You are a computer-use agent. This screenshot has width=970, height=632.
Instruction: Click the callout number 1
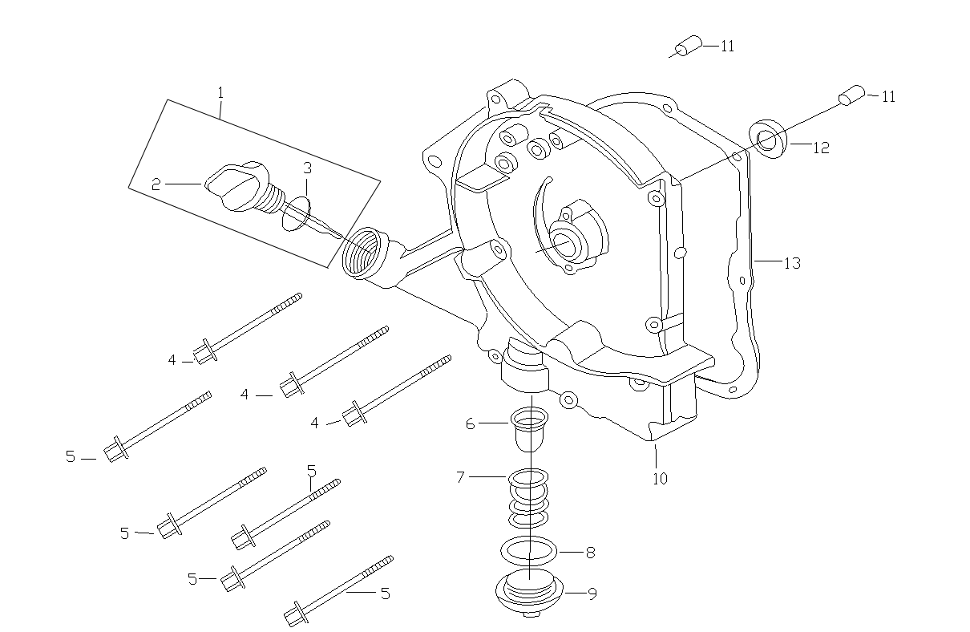(220, 93)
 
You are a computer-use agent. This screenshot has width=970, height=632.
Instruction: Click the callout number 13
(791, 263)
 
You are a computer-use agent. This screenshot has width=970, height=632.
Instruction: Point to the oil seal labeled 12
(767, 138)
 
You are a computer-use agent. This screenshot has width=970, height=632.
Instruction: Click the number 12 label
(820, 148)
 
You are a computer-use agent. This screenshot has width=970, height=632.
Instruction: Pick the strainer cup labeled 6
(529, 430)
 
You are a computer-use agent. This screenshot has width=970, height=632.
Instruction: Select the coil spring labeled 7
(529, 496)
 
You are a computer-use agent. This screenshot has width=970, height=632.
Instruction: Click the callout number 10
(659, 479)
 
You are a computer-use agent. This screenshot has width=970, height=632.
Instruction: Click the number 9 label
(592, 594)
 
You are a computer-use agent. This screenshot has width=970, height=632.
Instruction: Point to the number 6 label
(471, 423)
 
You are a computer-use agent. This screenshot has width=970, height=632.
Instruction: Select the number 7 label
(460, 477)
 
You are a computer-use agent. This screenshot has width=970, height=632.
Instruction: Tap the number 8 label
(590, 553)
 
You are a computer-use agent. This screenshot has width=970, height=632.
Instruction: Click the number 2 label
(156, 184)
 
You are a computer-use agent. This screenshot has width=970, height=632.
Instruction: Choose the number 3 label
(307, 168)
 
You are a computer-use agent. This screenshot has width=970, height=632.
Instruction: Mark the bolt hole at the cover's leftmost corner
(434, 162)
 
